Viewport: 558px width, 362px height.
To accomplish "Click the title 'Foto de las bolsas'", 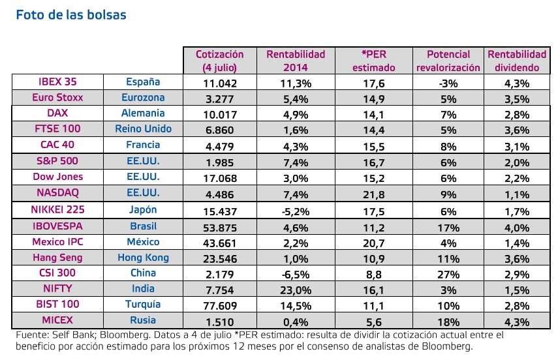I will (x=71, y=14).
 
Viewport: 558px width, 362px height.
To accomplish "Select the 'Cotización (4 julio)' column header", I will (x=219, y=61).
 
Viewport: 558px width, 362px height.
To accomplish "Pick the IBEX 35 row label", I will (x=57, y=82).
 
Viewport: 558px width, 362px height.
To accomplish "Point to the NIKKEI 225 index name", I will (x=57, y=210).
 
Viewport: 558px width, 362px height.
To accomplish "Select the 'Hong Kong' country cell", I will (x=142, y=258).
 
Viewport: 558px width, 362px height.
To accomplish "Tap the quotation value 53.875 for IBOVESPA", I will (x=219, y=226).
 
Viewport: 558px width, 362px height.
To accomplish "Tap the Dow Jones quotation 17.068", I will (x=219, y=178).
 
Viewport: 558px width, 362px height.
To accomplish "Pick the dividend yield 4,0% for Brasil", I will (x=516, y=226).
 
